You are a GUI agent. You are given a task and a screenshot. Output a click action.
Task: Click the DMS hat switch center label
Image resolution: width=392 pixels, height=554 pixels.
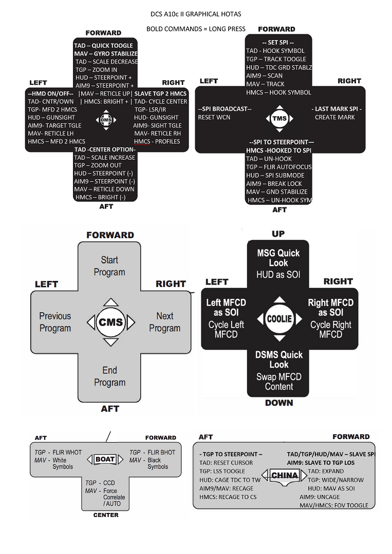click(105, 120)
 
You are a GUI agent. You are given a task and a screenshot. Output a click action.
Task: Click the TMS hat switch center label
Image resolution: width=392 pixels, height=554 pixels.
click(279, 119)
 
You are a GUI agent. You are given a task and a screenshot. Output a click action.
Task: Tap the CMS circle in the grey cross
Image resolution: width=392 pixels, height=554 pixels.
click(110, 322)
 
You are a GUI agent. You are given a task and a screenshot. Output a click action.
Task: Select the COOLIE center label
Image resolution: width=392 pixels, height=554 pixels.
click(279, 318)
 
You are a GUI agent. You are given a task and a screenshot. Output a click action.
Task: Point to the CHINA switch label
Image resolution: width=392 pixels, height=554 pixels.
click(284, 475)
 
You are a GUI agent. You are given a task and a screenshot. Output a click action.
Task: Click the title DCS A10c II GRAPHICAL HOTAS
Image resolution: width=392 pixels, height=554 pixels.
click(196, 14)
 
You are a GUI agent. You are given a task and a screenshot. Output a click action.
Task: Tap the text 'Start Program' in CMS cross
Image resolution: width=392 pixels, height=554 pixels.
click(109, 266)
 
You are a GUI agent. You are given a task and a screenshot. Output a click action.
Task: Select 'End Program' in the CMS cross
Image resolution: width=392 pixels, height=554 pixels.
click(109, 376)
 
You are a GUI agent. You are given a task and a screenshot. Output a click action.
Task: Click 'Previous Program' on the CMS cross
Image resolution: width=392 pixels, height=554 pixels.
click(55, 322)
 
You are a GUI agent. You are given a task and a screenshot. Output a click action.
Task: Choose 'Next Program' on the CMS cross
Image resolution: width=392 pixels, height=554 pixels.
click(165, 322)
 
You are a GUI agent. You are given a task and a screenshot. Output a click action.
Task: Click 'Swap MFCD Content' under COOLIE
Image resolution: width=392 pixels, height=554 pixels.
click(279, 381)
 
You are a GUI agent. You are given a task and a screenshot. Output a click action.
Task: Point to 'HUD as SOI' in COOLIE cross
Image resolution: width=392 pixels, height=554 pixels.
click(278, 275)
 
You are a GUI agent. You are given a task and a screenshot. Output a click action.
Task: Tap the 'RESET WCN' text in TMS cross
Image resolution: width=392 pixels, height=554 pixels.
click(214, 118)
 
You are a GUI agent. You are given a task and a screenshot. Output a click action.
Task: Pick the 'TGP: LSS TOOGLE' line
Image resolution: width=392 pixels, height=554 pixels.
click(222, 471)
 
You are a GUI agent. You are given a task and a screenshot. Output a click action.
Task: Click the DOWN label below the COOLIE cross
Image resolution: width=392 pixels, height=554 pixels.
click(279, 403)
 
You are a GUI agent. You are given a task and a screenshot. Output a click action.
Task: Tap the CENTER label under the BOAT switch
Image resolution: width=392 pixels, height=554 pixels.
click(106, 514)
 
